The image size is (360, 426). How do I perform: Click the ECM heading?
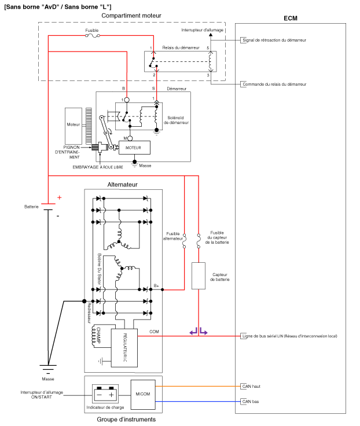pyautogui.click(x=290, y=18)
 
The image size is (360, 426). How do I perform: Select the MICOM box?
pyautogui.click(x=143, y=395)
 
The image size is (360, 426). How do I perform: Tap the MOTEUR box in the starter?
pyautogui.click(x=134, y=148)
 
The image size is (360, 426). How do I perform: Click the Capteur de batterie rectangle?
pyautogui.click(x=199, y=276)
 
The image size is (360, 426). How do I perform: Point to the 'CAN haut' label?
pyautogui.click(x=251, y=386)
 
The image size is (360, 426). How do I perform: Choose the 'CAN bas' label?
pyautogui.click(x=250, y=401)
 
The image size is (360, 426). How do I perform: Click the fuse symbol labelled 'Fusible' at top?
pyautogui.click(x=93, y=35)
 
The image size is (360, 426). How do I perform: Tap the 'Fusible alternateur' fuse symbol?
pyautogui.click(x=184, y=241)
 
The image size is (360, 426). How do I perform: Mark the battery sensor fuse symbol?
pyautogui.click(x=199, y=241)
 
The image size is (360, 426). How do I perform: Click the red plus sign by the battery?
pyautogui.click(x=60, y=197)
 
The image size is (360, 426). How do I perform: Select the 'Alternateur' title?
pyautogui.click(x=122, y=185)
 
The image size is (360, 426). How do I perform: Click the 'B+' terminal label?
pyautogui.click(x=156, y=286)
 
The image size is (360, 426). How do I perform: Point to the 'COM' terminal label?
pyautogui.click(x=154, y=332)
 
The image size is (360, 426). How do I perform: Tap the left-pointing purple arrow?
pyautogui.click(x=193, y=331)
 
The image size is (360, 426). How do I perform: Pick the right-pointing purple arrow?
pyautogui.click(x=204, y=331)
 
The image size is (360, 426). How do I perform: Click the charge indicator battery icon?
pyautogui.click(x=105, y=394)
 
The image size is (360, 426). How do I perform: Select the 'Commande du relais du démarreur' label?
pyautogui.click(x=274, y=85)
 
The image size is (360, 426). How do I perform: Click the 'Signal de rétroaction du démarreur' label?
pyautogui.click(x=274, y=40)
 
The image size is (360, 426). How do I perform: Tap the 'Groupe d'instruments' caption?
pyautogui.click(x=126, y=420)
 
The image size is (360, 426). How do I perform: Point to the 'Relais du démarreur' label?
pyautogui.click(x=181, y=47)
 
